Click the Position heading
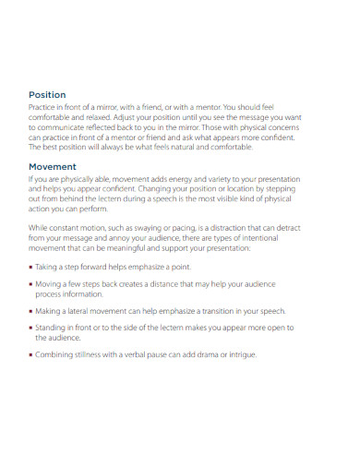(x=46, y=94)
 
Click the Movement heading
(x=53, y=166)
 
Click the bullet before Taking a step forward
(x=30, y=267)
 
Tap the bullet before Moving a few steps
(x=30, y=285)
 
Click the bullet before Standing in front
(x=30, y=329)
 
